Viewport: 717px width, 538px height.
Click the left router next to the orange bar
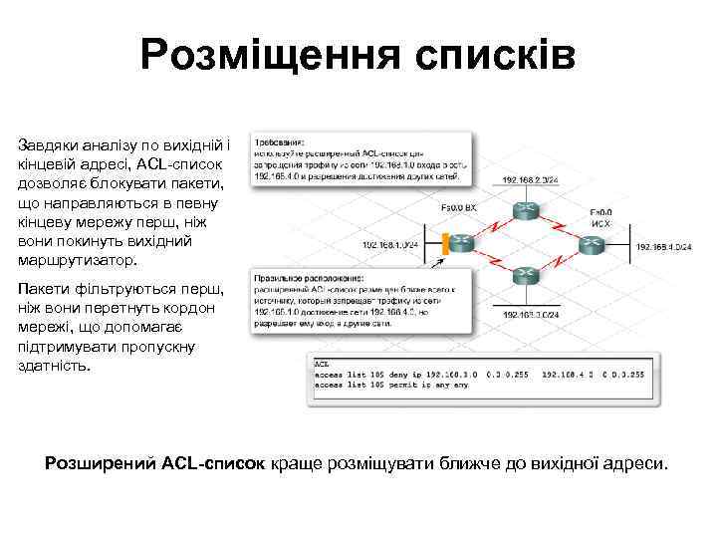(461, 243)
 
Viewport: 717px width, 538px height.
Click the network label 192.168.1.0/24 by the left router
(391, 244)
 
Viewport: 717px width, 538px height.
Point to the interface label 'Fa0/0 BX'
(458, 208)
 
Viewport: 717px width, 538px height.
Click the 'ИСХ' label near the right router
(599, 223)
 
